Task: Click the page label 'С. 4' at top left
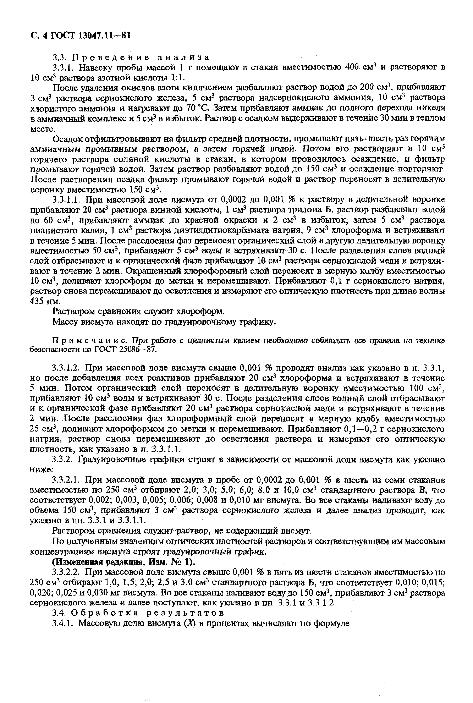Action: click(39, 35)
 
